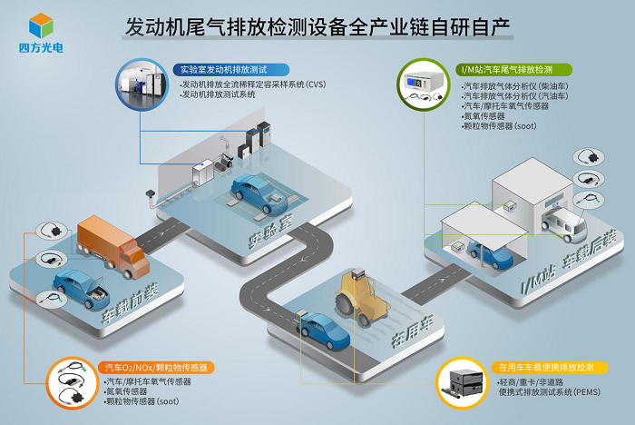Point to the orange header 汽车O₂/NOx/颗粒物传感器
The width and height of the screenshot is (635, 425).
click(x=154, y=367)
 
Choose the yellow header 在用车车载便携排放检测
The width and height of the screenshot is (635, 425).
click(x=545, y=367)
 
